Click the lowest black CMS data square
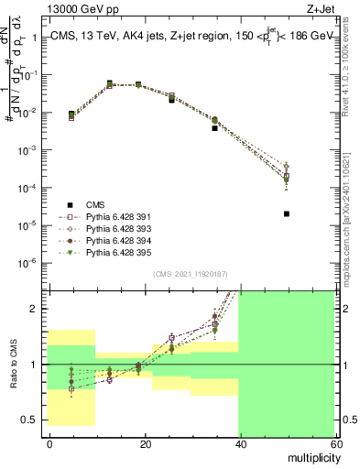click(287, 214)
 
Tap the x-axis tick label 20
click(145, 443)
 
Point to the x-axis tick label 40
click(240, 443)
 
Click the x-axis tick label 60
click(335, 443)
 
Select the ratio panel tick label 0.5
click(34, 420)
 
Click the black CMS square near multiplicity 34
click(214, 128)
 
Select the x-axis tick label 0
click(49, 443)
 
